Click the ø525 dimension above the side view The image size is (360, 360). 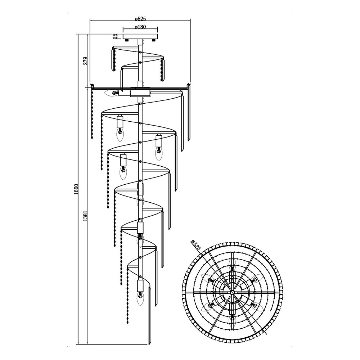click(140, 19)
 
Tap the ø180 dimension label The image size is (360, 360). click(140, 27)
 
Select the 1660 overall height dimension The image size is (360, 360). click(76, 189)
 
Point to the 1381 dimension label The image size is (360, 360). click(85, 216)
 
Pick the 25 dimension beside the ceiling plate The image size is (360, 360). click(116, 36)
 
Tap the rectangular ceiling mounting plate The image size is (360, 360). click(140, 36)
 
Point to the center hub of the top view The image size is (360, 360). click(232, 292)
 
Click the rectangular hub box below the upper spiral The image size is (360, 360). click(140, 92)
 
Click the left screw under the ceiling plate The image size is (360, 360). click(126, 40)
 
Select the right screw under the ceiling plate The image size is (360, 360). click(154, 40)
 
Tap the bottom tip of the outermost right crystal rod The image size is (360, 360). click(189, 140)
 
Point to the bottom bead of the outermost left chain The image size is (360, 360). click(92, 139)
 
